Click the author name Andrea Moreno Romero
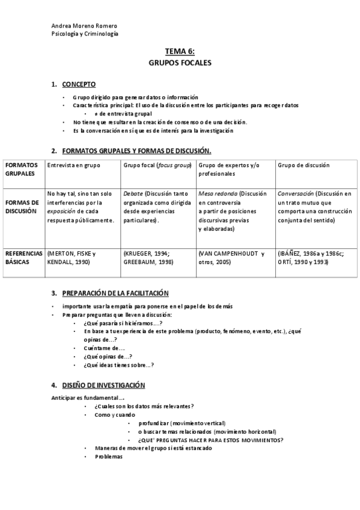pyautogui.click(x=84, y=26)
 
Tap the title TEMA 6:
pyautogui.click(x=180, y=52)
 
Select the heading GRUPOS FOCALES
pyautogui.click(x=180, y=63)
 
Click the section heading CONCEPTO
pyautogui.click(x=78, y=84)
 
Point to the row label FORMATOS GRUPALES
pyautogui.click(x=22, y=168)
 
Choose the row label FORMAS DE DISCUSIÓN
pyautogui.click(x=22, y=206)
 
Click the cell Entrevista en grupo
pyautogui.click(x=74, y=165)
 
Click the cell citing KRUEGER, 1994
pyautogui.click(x=149, y=258)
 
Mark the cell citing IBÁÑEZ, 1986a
pyautogui.click(x=313, y=258)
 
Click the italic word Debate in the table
pyautogui.click(x=133, y=194)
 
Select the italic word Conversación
pyautogui.click(x=296, y=194)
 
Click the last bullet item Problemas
pyautogui.click(x=109, y=456)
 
